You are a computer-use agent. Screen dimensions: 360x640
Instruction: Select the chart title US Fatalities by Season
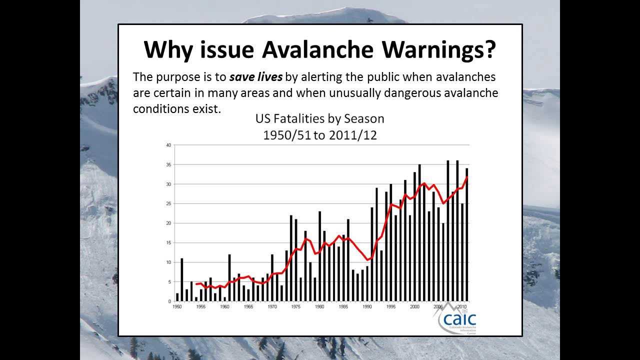319,119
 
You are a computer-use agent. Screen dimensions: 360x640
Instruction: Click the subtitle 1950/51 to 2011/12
319,135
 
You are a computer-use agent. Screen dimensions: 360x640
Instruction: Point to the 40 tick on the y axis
168,145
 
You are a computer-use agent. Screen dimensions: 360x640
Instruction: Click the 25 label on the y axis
168,204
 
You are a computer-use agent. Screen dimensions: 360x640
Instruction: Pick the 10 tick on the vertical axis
168,262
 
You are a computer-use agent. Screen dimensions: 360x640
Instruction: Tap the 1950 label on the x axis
177,306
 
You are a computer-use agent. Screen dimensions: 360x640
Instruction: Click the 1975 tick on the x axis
296,306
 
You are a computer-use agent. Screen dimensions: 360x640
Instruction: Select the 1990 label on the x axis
367,306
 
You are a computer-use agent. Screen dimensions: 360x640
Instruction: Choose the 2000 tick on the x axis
414,306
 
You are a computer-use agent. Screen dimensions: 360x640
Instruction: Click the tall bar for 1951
182,280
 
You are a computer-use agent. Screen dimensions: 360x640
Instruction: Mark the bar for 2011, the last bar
467,235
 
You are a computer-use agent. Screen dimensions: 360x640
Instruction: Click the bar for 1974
291,258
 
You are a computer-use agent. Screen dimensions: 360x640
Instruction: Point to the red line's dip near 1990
368,260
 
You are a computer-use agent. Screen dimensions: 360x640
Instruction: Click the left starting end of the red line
196,284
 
